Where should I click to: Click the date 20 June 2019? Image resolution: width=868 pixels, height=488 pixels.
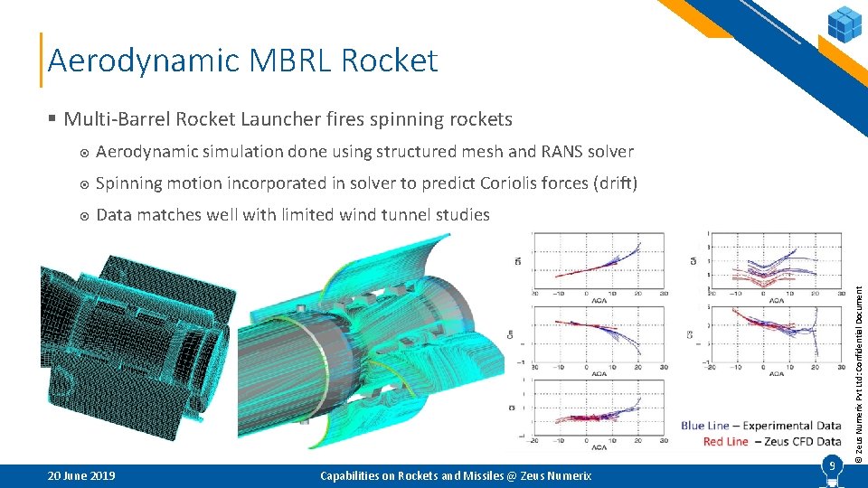click(x=80, y=475)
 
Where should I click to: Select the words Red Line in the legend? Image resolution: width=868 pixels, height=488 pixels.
click(x=726, y=441)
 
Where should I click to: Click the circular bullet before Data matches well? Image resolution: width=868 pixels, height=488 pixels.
click(x=83, y=215)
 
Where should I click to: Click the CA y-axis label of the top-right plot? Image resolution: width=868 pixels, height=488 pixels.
click(x=695, y=263)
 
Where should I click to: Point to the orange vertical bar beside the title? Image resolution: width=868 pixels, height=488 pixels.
click(x=42, y=61)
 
